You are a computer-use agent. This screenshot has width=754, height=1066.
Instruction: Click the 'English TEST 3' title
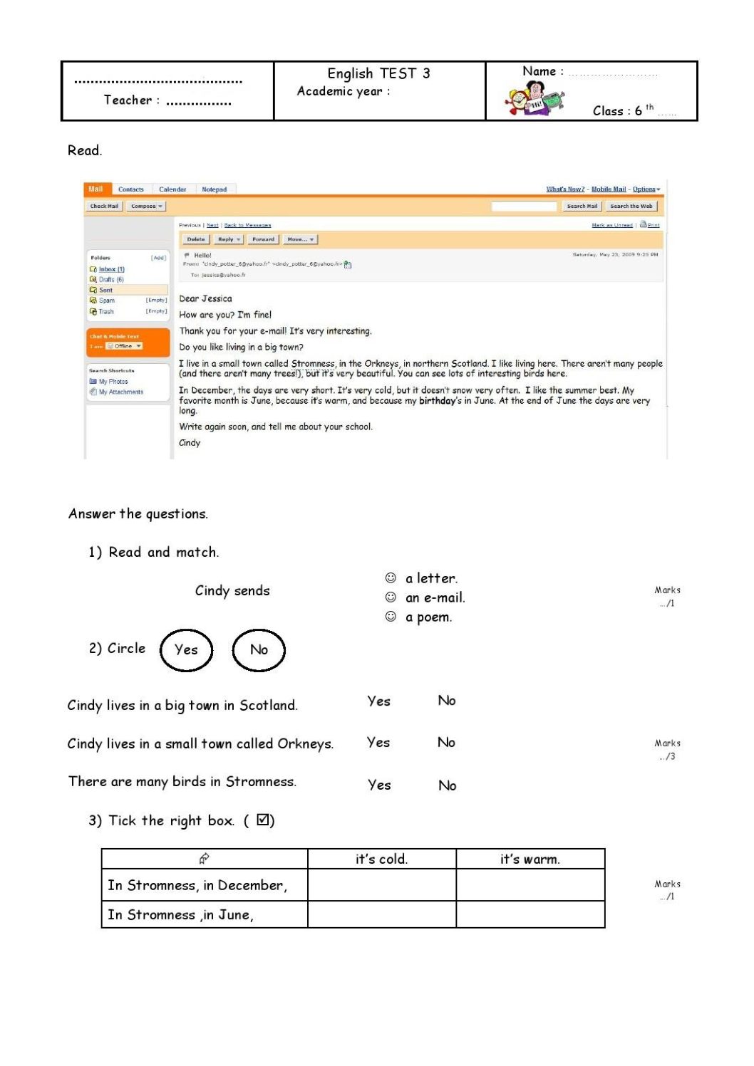point(378,73)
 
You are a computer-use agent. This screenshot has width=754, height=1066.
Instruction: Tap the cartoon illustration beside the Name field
point(534,99)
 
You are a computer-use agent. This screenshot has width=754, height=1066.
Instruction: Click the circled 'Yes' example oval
point(186,649)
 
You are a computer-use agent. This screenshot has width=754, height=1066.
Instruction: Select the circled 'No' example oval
point(259,649)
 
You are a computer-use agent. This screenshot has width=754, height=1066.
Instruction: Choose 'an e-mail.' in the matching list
point(435,598)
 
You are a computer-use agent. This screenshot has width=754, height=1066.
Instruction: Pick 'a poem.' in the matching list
point(428,617)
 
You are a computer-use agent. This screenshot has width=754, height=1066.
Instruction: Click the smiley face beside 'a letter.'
point(391,578)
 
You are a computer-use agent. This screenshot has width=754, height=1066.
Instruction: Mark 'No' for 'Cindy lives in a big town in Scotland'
point(447,701)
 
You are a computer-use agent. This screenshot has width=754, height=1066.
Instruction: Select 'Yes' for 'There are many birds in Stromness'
point(379,785)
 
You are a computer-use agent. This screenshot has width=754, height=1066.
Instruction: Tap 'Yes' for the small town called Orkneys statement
point(378,743)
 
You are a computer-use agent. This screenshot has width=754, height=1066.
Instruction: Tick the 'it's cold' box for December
point(381,885)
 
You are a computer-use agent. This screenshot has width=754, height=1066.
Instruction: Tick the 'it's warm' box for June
point(530,914)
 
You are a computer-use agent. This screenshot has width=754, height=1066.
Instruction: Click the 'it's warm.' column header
point(530,859)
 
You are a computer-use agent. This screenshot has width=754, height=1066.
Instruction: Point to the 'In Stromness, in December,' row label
point(197,885)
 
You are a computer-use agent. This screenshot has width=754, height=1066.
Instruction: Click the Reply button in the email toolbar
point(229,239)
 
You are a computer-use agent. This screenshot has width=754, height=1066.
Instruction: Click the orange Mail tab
point(95,189)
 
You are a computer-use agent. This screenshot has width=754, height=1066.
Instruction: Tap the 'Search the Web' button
point(631,207)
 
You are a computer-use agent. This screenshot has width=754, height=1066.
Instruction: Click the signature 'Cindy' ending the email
point(190,443)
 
